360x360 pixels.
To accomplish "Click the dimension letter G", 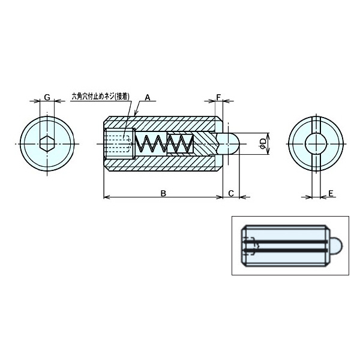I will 47,97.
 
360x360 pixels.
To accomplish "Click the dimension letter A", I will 148,96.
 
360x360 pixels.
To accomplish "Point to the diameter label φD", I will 262,143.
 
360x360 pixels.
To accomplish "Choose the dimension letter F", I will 219,97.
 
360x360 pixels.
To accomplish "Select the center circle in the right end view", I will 316,144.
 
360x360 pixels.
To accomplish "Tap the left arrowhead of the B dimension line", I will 107,196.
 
